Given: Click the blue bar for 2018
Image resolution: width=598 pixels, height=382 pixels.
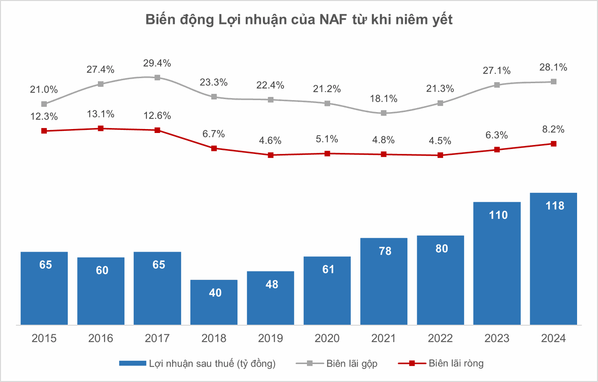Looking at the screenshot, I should click(x=214, y=302).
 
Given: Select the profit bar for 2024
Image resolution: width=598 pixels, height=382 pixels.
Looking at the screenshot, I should click(x=553, y=259).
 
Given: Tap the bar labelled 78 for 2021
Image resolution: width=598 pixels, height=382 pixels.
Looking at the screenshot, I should click(x=384, y=281).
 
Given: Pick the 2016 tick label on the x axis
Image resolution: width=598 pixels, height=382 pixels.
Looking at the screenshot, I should click(x=101, y=339).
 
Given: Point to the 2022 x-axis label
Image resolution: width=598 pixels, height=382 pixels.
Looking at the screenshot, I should click(x=440, y=339).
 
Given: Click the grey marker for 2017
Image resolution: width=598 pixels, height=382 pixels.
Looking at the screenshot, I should click(x=157, y=78).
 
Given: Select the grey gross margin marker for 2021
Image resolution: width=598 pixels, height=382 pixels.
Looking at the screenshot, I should click(x=384, y=113).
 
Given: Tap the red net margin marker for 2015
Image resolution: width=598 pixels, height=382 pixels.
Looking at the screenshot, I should click(x=44, y=130).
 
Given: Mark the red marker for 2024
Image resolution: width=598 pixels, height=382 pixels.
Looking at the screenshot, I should click(x=553, y=144).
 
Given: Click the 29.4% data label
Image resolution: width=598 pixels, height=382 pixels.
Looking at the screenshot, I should click(x=157, y=63).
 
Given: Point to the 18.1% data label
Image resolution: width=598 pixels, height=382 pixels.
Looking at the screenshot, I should click(x=384, y=99).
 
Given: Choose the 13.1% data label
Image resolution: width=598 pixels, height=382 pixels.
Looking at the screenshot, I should click(x=101, y=114).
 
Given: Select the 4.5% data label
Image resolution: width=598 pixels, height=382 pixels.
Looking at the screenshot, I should click(x=440, y=141).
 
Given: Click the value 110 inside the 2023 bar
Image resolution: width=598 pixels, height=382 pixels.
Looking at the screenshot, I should click(x=497, y=215).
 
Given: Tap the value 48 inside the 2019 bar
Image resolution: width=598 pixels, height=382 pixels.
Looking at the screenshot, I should click(x=271, y=284).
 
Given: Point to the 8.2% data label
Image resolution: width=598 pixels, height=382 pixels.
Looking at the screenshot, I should click(x=553, y=129).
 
